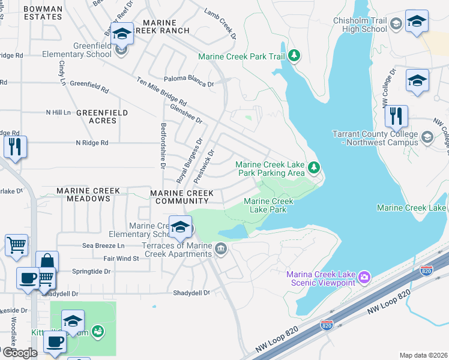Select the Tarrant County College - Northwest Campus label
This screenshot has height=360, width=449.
375,138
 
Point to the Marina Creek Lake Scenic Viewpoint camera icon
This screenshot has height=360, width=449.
363,277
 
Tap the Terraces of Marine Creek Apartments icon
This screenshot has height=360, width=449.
220,249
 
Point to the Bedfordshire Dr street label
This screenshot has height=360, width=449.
163,145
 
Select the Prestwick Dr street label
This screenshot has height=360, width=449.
203,166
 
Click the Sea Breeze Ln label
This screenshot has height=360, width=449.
103,246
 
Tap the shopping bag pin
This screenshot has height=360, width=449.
47,262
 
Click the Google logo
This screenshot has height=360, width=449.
20,353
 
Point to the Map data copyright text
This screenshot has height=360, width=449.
423,355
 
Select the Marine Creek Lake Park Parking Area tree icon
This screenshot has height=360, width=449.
312,167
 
